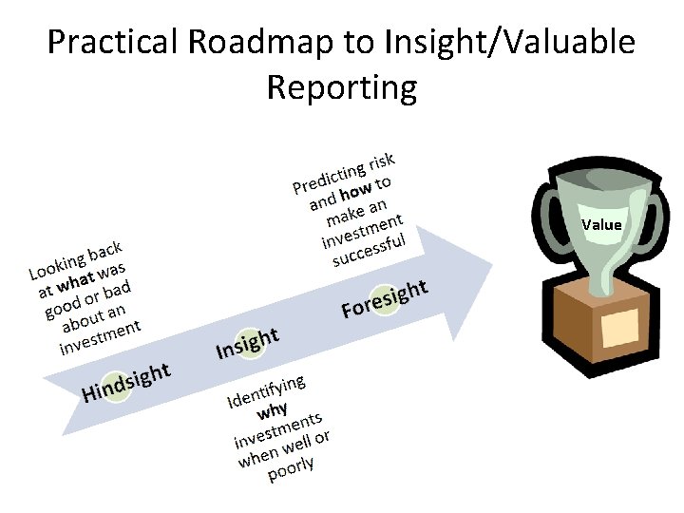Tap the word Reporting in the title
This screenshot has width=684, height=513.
[x=341, y=87]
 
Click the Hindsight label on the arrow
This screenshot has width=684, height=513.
[x=126, y=382]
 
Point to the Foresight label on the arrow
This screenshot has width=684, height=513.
[x=385, y=298]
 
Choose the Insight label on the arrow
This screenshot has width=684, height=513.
[x=247, y=343]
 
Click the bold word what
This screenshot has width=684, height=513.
[x=76, y=282]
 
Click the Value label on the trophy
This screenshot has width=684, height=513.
[x=601, y=225]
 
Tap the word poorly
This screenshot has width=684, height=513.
[x=291, y=468]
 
